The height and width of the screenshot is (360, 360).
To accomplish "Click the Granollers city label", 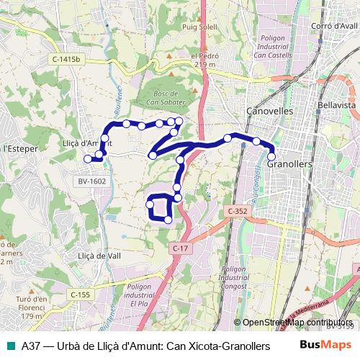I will [288, 164].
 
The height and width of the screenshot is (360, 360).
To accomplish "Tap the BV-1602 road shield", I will [92, 181].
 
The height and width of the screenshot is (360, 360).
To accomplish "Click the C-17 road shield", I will [180, 248].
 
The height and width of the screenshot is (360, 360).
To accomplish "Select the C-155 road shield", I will [81, 294].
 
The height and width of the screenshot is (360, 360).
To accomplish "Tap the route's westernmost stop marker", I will [88, 158].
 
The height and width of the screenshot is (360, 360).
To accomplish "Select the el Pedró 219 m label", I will [204, 60].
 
